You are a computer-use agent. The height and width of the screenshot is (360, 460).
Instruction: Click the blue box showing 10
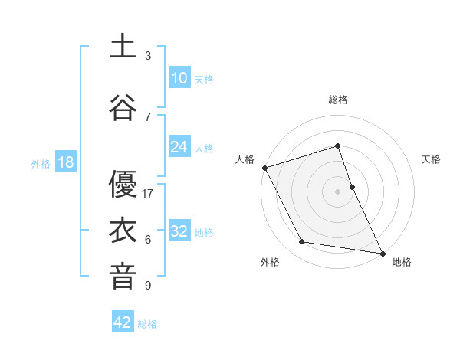click(x=179, y=78)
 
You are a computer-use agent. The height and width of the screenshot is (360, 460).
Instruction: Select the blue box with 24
click(x=179, y=147)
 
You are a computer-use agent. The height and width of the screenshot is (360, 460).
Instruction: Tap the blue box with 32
click(x=179, y=231)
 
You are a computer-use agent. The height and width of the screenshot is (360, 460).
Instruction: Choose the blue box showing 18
click(x=65, y=162)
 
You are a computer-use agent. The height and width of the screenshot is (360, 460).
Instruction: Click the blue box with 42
click(x=123, y=322)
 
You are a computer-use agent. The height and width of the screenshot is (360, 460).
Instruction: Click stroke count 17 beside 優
click(x=148, y=194)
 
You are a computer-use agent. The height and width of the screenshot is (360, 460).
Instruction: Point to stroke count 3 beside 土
click(x=148, y=56)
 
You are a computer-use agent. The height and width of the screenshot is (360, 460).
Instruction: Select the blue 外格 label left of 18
click(x=41, y=163)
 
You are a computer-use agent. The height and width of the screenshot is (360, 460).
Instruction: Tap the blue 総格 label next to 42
click(x=147, y=323)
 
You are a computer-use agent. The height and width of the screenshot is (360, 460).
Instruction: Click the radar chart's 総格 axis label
click(x=337, y=100)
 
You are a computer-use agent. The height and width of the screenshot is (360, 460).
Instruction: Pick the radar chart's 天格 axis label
click(x=432, y=159)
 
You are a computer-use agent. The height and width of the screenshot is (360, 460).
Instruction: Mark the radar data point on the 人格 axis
click(x=265, y=168)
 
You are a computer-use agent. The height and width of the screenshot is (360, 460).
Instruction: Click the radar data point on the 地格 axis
click(x=382, y=253)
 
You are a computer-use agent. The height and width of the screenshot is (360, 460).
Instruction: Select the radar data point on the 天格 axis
click(x=352, y=187)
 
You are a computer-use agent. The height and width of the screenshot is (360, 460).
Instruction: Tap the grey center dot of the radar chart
click(x=337, y=191)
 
